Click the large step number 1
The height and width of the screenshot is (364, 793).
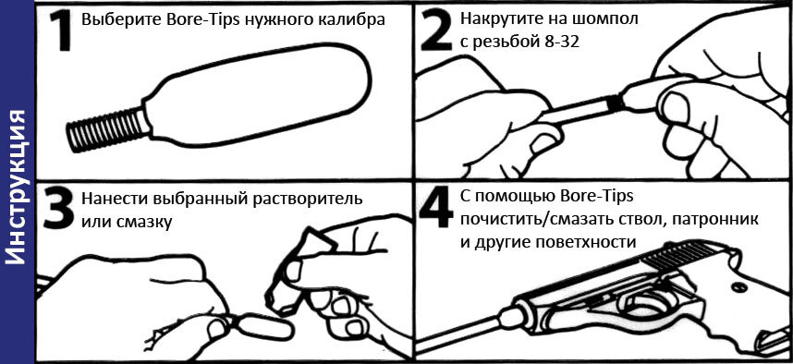tap(62, 30)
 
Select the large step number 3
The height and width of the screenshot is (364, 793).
tap(58, 207)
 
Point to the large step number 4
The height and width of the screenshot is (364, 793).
tap(436, 207)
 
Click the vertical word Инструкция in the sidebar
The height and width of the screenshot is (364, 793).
tap(18, 186)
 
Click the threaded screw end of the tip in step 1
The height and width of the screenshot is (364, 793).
tap(107, 130)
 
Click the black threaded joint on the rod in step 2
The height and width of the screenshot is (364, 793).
tap(616, 103)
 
